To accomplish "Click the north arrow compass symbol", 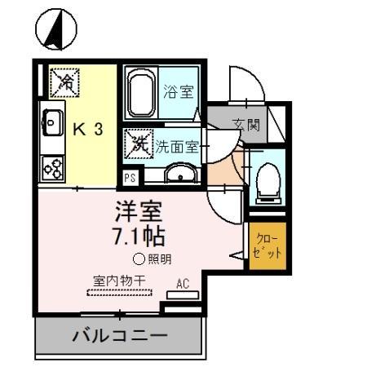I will pos(56,30).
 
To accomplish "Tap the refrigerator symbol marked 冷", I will pos(64,82).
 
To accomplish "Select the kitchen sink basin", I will pos(53,124).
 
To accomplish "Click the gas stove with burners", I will pos(53,168).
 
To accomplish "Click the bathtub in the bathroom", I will pos(143,91).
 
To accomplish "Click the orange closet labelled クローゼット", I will pos(268,245).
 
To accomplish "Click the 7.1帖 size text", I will pos(139,237).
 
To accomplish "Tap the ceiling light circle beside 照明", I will pos(139,259).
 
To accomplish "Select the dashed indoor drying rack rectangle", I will pos(119,291).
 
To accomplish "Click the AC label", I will pos(183,285).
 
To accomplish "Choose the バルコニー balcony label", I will pos(119,334).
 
